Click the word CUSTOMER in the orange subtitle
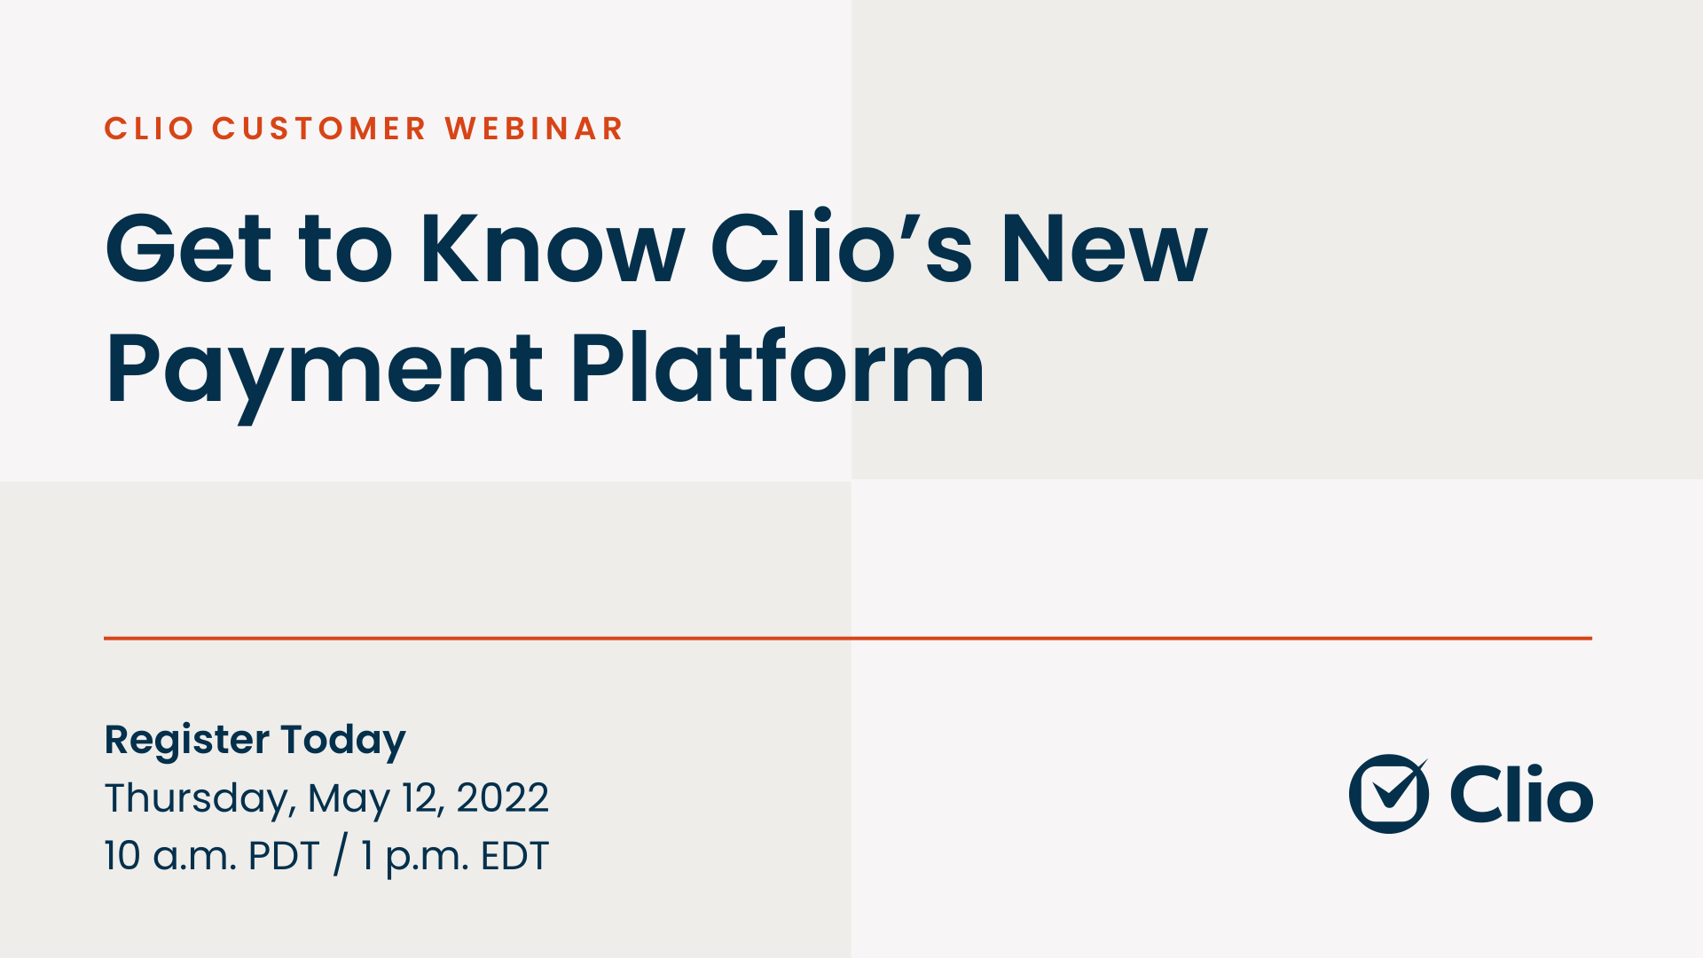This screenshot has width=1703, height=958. point(319,129)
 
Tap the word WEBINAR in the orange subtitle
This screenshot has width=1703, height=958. point(534,129)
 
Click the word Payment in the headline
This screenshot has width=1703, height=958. point(324,368)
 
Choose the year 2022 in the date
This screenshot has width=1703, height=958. point(502,797)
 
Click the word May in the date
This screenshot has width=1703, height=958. point(349,799)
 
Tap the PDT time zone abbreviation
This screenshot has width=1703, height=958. point(284,856)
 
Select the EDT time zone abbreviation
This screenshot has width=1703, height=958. point(514,856)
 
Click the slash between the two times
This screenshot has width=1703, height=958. point(340,856)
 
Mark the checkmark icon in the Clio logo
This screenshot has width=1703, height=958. point(1389,793)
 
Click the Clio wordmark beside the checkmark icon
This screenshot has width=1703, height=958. point(1521,795)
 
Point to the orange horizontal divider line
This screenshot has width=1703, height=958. point(847,638)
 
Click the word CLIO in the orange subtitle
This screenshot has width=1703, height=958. point(149,129)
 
